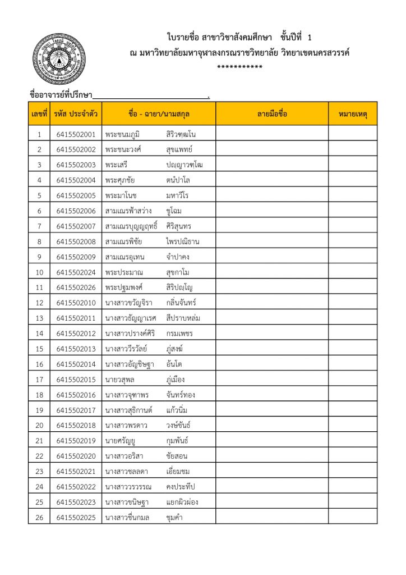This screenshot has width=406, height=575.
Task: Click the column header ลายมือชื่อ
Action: [272, 114]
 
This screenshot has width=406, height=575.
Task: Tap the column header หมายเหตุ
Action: [353, 114]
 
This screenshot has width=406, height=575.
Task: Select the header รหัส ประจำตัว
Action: [76, 114]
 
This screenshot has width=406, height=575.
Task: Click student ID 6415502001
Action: [76, 135]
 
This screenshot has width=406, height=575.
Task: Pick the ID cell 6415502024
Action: [76, 272]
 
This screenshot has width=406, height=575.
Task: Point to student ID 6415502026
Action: [76, 287]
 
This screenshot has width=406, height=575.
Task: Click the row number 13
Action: [39, 318]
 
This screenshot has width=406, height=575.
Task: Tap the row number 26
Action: [39, 517]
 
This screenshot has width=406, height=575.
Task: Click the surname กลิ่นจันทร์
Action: [181, 303]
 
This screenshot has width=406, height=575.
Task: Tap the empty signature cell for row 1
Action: [272, 135]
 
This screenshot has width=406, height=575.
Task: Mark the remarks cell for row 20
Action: [353, 426]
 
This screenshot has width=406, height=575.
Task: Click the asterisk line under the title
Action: [239, 68]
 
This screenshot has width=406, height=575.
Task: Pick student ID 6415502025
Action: [76, 517]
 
